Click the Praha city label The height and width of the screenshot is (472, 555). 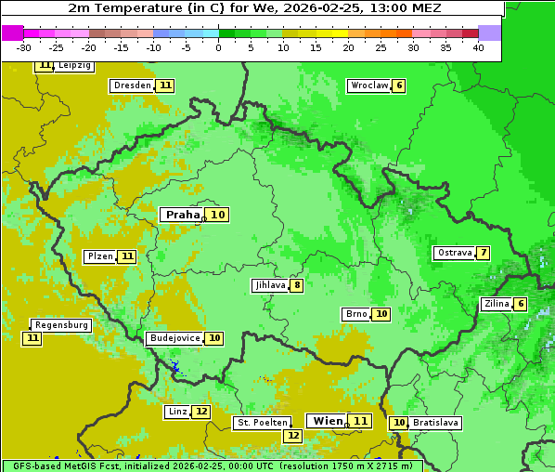tap(182, 215)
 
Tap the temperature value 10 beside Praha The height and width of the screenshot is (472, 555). tap(217, 215)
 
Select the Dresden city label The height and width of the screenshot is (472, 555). tap(132, 85)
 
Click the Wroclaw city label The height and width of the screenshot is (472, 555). tap(368, 85)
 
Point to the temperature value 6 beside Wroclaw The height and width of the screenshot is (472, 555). tap(399, 85)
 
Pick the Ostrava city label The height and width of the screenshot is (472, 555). tap(454, 253)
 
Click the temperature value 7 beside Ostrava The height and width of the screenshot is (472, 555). tap(484, 253)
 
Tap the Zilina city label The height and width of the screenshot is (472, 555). tap(497, 304)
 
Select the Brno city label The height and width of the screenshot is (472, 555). tap(355, 314)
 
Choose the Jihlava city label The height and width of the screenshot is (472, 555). tap(269, 285)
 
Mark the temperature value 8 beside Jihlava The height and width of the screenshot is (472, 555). tap(297, 285)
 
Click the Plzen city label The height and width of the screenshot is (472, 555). tap(99, 256)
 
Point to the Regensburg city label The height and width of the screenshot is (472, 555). tap(61, 325)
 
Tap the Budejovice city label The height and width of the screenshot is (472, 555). tap(174, 338)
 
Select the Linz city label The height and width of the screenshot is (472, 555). tap(177, 412)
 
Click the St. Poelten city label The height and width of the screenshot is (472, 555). tap(263, 423)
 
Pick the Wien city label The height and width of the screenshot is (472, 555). tap(328, 421)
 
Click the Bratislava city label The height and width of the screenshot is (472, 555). tap(436, 423)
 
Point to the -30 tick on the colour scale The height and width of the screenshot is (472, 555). tap(24, 47)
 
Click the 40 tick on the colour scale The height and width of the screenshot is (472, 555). tap(478, 47)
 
